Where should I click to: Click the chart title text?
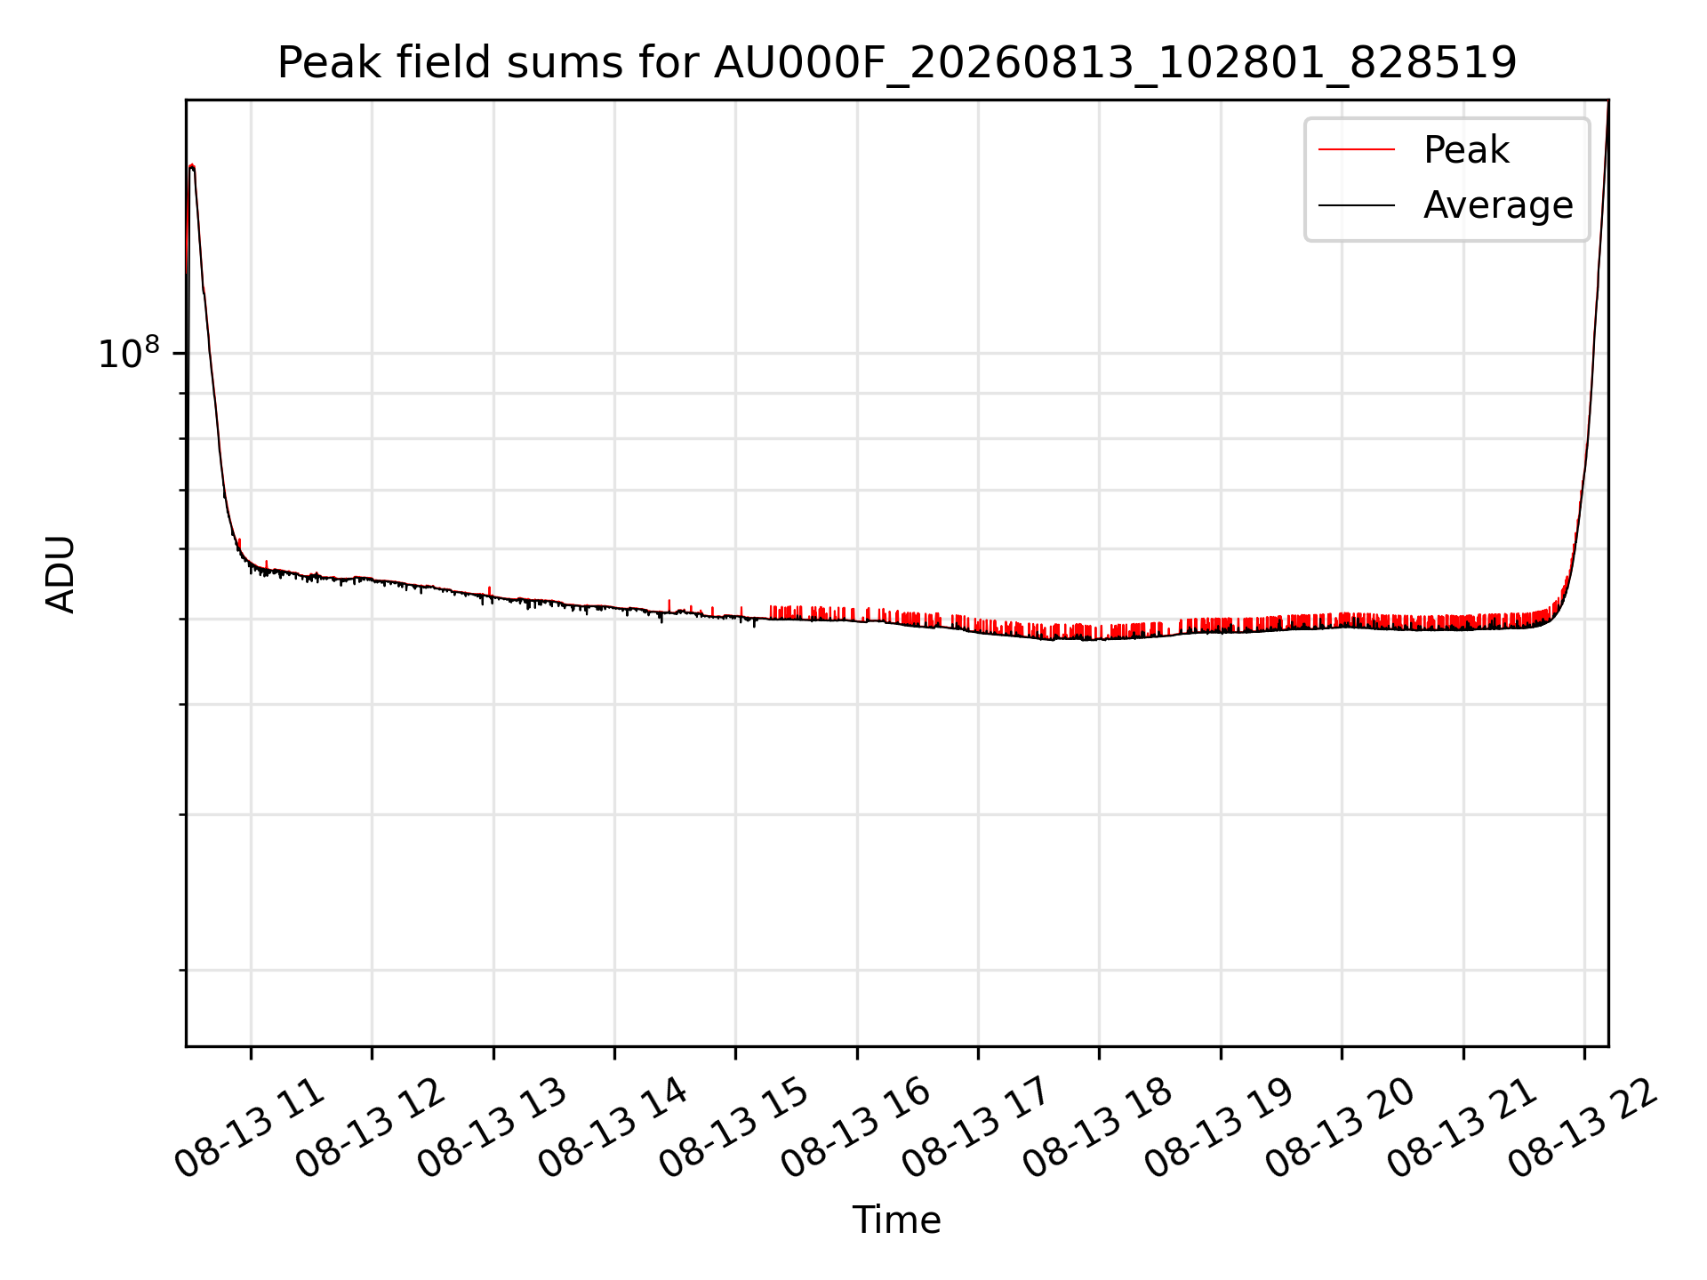[896, 63]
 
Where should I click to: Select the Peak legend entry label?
[1466, 149]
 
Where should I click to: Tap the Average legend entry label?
[1498, 205]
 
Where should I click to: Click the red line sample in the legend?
[1357, 149]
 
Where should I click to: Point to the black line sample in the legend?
[1357, 205]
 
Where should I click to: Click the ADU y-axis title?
[60, 573]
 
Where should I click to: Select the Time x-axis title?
[896, 1220]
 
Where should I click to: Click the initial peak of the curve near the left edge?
[192, 165]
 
